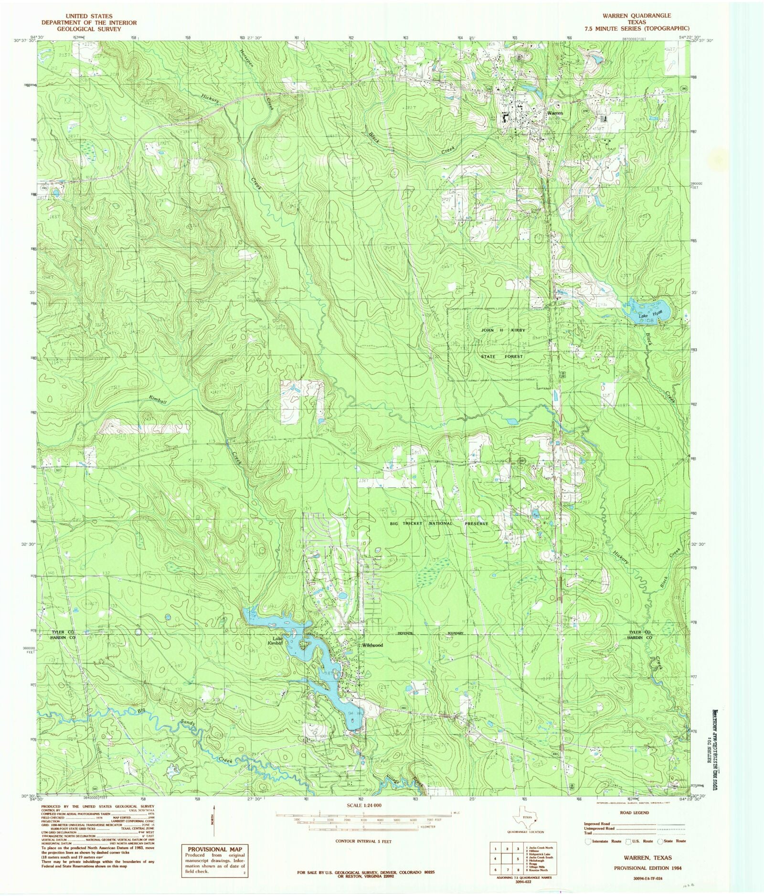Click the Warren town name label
pyautogui.click(x=555, y=113)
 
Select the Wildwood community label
pyautogui.click(x=372, y=645)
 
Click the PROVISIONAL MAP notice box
pyautogui.click(x=214, y=860)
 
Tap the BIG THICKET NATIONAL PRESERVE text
pyautogui.click(x=439, y=523)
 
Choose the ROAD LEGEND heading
pyautogui.click(x=634, y=812)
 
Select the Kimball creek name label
pyautogui.click(x=158, y=400)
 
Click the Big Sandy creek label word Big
pyautogui.click(x=141, y=711)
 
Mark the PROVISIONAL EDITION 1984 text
pyautogui.click(x=647, y=868)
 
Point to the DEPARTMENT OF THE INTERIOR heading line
pyautogui.click(x=89, y=22)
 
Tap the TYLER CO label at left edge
pyautogui.click(x=64, y=632)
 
